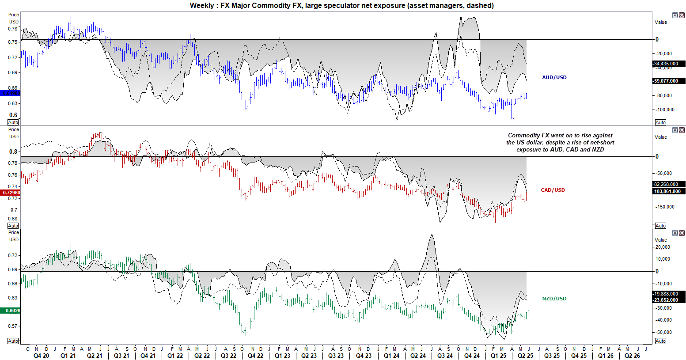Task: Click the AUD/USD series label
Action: coord(554,77)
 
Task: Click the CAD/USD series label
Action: coord(553,190)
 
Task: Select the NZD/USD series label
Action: coord(554,299)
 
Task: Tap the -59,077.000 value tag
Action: coord(669,81)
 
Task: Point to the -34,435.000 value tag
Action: coord(669,64)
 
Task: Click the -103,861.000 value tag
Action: coord(669,192)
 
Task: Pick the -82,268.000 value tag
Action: coord(669,185)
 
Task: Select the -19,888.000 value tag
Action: coord(669,294)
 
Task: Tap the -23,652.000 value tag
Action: coord(669,300)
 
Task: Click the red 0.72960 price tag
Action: coord(11,193)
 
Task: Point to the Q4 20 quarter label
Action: coord(41,356)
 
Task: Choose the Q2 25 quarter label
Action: coord(525,356)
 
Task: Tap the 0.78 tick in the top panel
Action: coord(13,29)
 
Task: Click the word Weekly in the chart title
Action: coord(201,6)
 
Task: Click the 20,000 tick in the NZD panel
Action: coord(663,247)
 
